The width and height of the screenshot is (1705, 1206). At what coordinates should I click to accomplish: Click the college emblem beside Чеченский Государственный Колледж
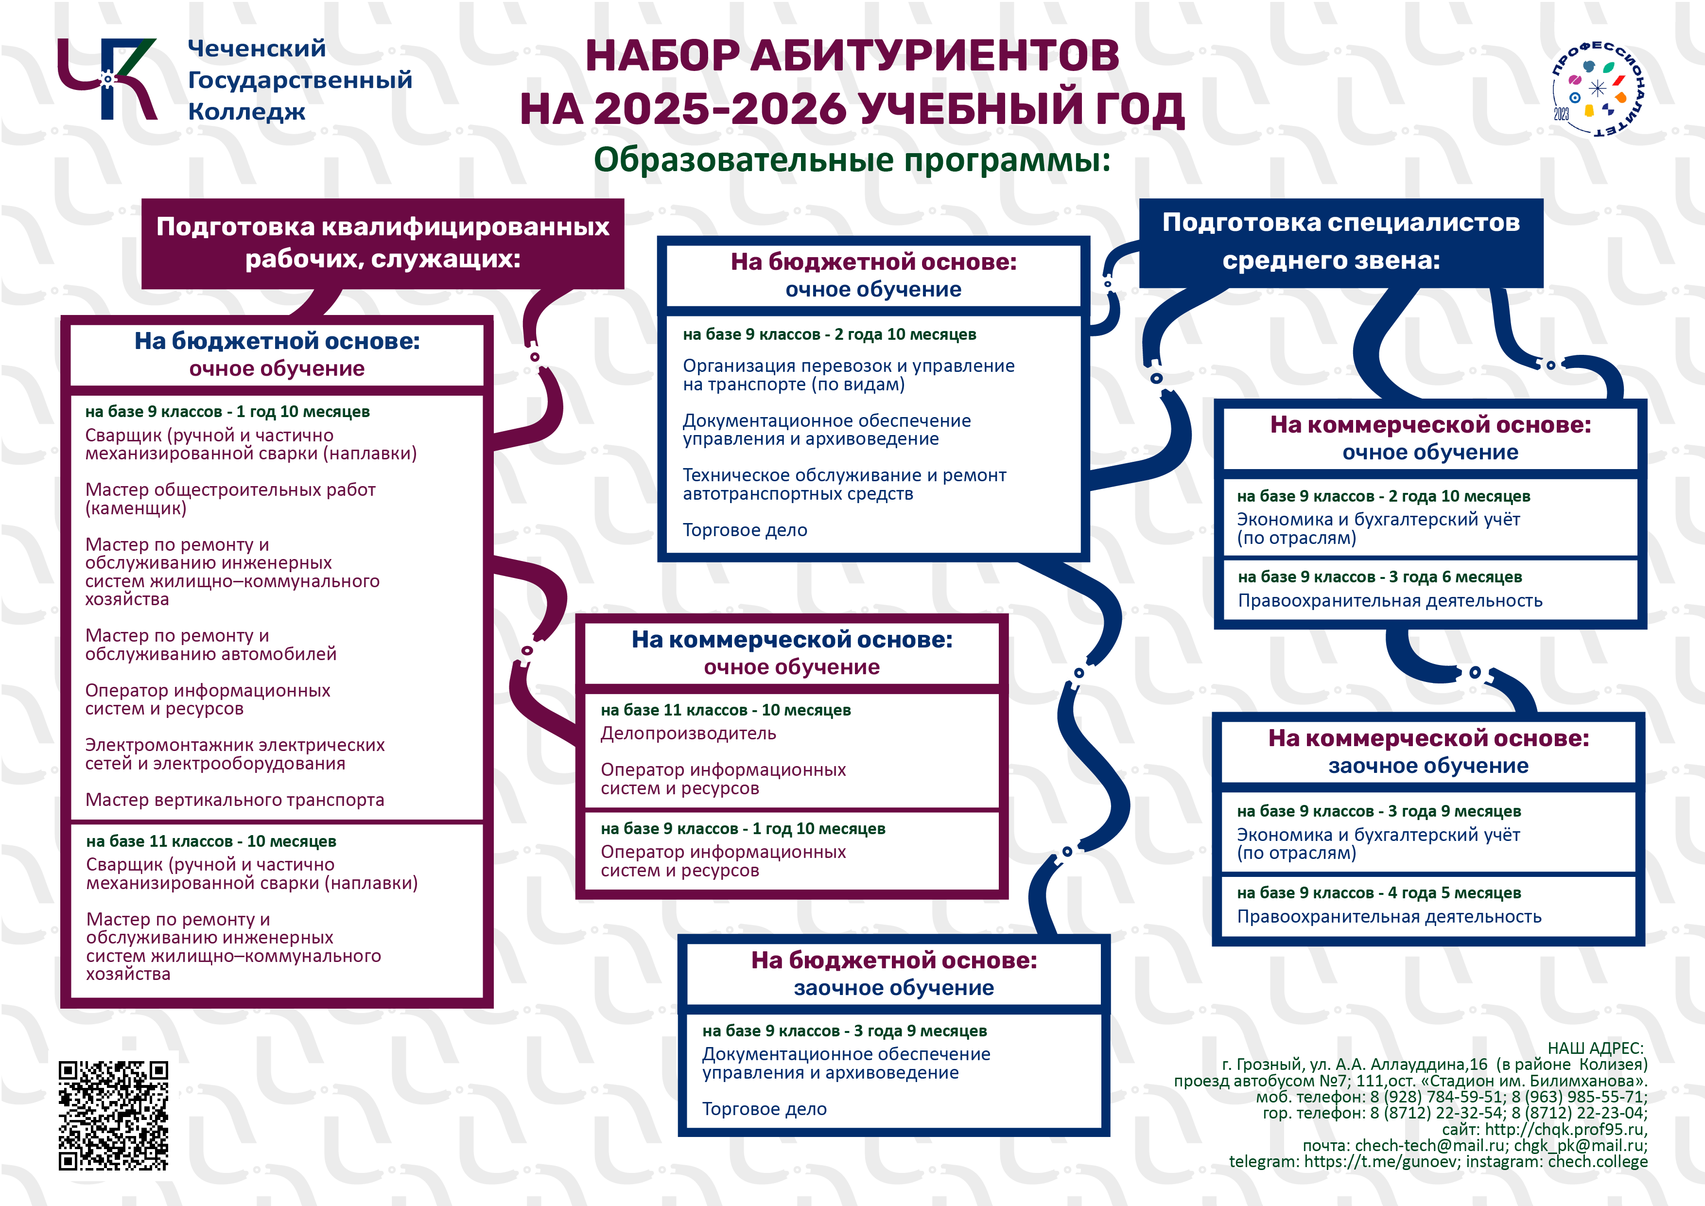[108, 79]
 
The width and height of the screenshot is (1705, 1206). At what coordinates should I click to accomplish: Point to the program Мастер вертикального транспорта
[235, 800]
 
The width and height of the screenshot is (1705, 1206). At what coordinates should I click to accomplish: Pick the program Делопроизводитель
[688, 734]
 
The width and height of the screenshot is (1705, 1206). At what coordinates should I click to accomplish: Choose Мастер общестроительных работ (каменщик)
[230, 499]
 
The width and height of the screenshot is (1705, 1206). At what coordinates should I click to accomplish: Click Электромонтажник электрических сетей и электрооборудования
[235, 754]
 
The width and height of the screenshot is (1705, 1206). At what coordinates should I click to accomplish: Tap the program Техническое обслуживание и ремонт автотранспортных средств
[844, 484]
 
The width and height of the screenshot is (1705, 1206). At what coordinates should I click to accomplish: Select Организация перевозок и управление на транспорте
[848, 375]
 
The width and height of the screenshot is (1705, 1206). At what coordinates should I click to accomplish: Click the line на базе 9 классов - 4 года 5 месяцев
[1378, 892]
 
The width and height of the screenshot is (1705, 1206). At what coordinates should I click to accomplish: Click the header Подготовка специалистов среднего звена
[1340, 242]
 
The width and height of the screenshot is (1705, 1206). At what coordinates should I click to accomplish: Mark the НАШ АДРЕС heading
[1595, 1049]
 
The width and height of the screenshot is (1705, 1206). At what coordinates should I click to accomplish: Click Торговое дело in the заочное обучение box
[764, 1109]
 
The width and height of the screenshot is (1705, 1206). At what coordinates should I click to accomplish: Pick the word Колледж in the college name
[246, 112]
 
